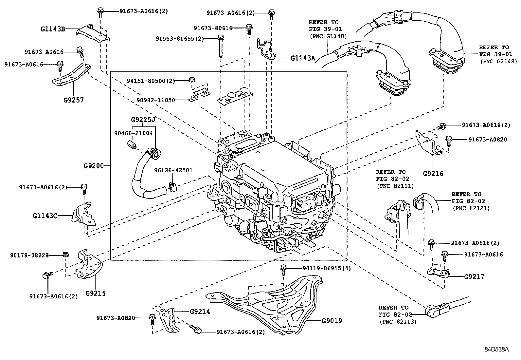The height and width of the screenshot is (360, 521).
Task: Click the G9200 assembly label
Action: click(93, 166)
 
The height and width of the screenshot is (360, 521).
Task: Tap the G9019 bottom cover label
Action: click(332, 321)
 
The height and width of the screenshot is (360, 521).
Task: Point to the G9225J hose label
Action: click(143, 120)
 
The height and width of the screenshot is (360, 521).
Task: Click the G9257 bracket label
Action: click(73, 100)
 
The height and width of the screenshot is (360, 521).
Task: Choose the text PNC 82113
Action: click(398, 322)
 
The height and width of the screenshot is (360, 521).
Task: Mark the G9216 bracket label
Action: click(433, 174)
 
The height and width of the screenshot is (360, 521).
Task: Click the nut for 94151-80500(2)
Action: click(192, 79)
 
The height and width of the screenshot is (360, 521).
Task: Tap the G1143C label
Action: click(45, 216)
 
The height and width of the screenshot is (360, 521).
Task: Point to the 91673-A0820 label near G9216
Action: click(487, 139)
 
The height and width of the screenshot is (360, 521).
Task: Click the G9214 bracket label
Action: click(200, 312)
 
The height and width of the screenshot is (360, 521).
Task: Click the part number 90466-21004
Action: click(133, 133)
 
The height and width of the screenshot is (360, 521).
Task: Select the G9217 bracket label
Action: click(474, 277)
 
